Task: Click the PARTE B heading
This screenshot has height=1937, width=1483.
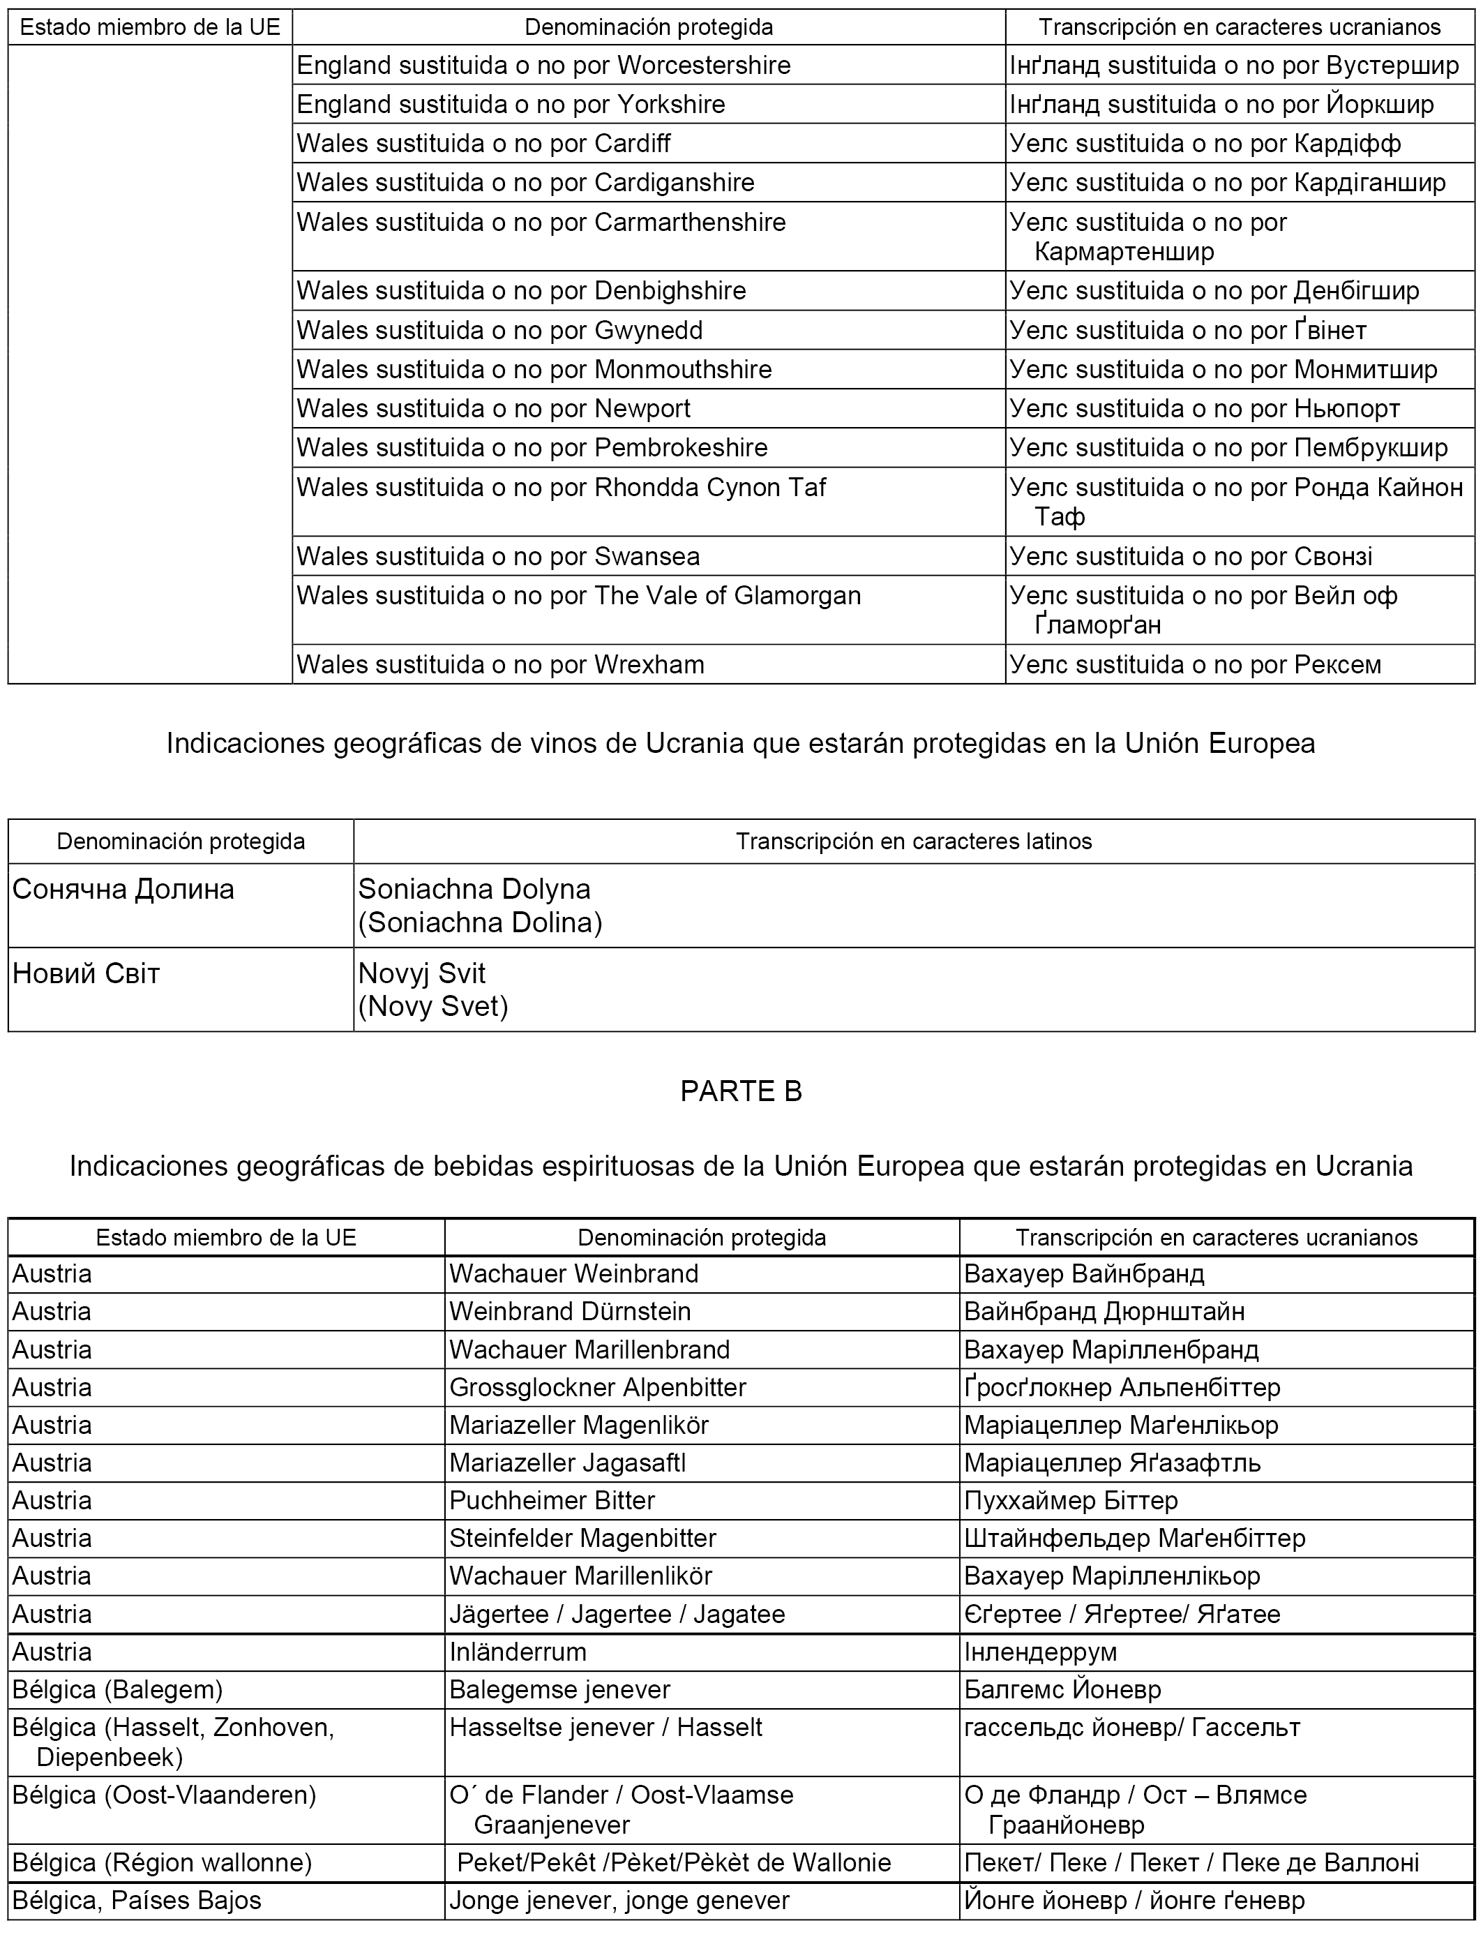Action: point(741,1091)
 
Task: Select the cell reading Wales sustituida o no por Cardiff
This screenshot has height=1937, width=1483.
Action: point(483,143)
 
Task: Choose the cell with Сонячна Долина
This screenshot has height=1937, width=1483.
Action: point(123,889)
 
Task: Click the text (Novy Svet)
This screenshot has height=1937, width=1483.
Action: point(432,1006)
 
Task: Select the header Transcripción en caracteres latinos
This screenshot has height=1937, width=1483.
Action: point(914,842)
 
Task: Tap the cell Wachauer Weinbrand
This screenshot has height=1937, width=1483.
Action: point(574,1274)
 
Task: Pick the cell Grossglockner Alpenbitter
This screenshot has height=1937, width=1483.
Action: point(598,1387)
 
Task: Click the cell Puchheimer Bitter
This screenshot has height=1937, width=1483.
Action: point(552,1500)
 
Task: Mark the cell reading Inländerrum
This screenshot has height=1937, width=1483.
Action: point(518,1652)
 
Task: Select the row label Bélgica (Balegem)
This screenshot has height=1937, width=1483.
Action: point(117,1690)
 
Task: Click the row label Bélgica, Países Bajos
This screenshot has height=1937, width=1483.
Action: point(137,1900)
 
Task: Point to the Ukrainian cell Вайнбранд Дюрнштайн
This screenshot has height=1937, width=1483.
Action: point(1104,1311)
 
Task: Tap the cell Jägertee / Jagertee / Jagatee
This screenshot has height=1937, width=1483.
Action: point(617,1614)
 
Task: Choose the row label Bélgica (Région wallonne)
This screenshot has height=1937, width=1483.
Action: point(163,1863)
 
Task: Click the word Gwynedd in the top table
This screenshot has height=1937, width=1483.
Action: point(649,330)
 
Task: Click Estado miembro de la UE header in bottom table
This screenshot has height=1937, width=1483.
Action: point(226,1238)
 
